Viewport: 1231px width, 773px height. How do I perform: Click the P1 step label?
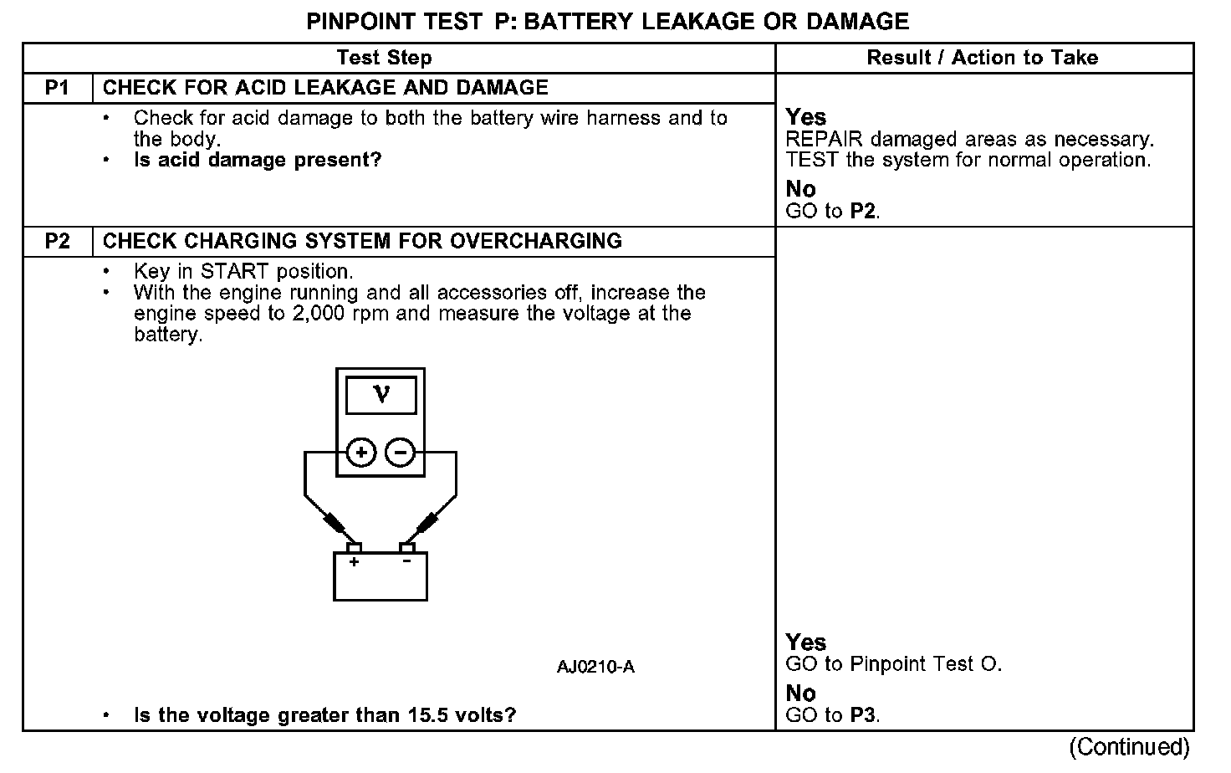[57, 88]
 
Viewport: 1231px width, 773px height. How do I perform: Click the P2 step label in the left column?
[57, 242]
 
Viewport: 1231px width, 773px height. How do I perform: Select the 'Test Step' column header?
[384, 58]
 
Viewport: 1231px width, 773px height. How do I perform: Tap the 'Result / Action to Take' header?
[982, 58]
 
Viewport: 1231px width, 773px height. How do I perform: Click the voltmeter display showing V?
[381, 394]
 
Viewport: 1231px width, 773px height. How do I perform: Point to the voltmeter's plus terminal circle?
[361, 453]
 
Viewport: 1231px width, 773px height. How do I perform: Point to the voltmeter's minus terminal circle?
[400, 453]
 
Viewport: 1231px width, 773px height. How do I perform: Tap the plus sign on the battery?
[354, 562]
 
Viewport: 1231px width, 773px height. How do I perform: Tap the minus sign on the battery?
[406, 561]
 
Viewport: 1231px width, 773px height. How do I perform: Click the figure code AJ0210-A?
[595, 667]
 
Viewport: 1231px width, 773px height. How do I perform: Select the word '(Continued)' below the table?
[1128, 746]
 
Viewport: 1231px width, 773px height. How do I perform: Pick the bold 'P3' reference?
[863, 715]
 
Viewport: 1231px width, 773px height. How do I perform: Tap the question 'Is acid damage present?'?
[258, 160]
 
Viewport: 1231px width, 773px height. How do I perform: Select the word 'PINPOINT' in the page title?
[358, 21]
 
